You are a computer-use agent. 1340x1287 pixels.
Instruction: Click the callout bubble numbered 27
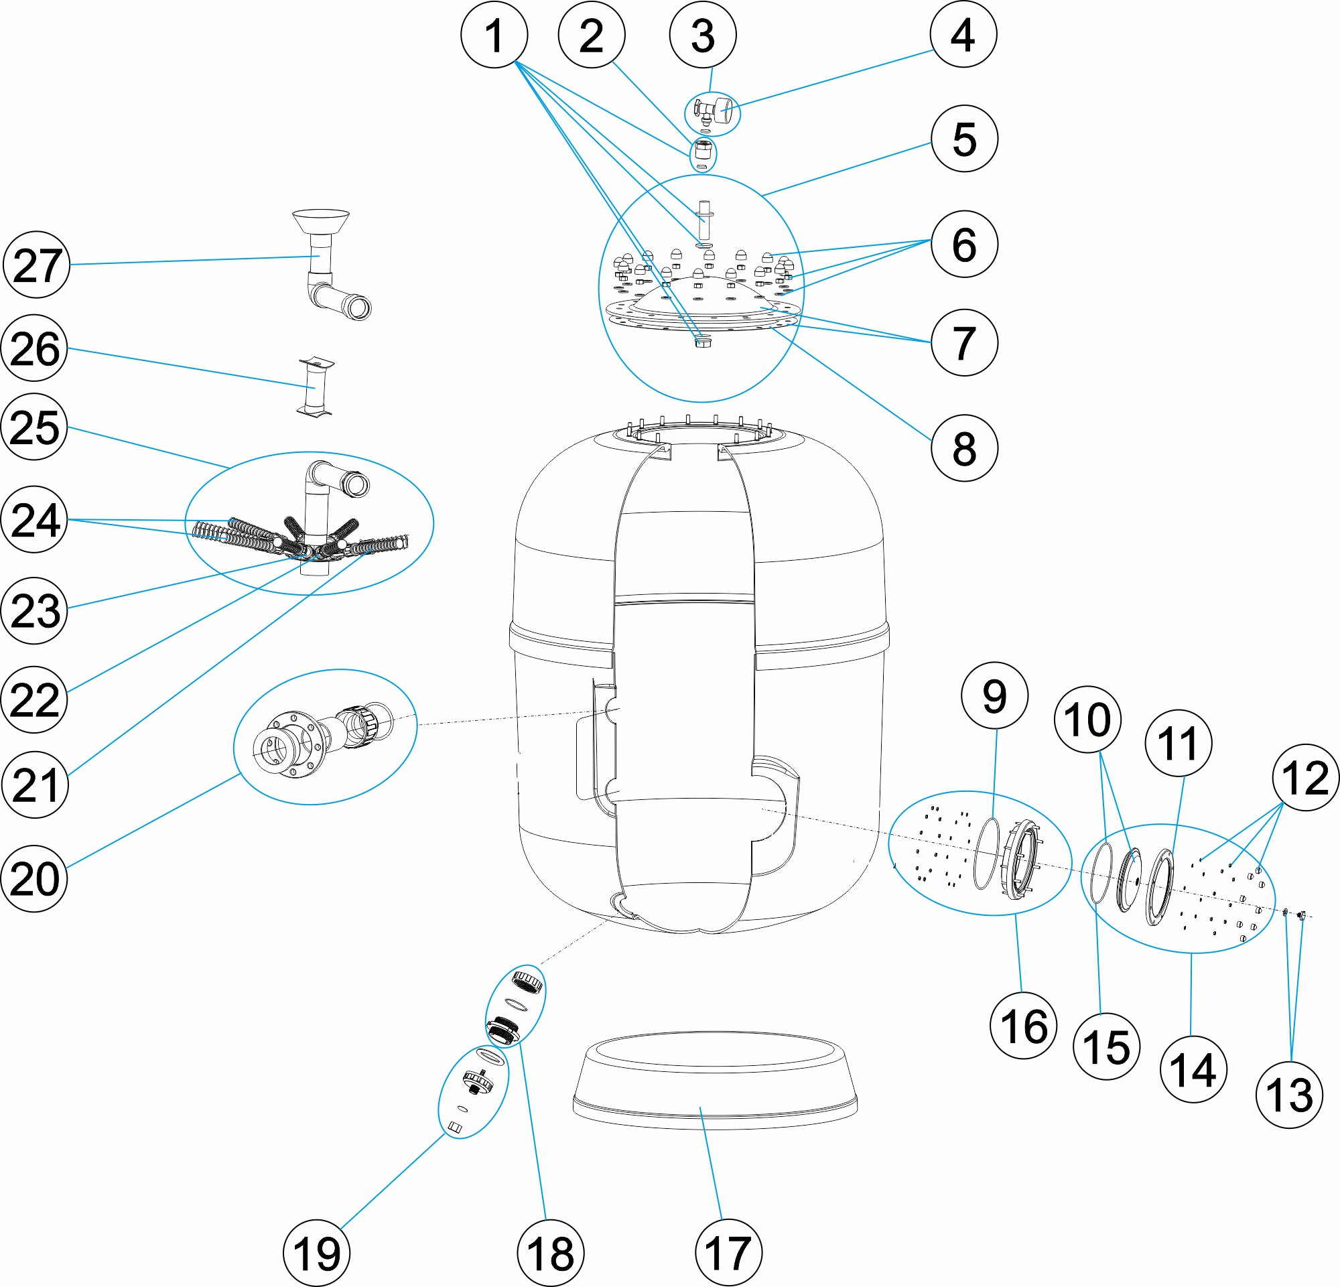37,265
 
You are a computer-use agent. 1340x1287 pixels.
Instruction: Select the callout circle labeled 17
728,1252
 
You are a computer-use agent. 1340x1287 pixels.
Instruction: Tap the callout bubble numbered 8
964,448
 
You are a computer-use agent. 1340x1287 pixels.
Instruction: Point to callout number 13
1289,1095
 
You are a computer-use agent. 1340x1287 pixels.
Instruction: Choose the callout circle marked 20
35,878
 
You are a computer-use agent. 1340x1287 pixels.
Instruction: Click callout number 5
964,139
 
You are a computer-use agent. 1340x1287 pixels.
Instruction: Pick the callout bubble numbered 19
316,1253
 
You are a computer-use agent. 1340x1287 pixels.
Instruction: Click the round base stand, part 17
714,1087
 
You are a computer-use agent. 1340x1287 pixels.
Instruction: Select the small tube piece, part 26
314,387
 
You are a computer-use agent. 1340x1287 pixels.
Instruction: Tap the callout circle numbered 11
1178,743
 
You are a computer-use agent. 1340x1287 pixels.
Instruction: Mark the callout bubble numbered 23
35,610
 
